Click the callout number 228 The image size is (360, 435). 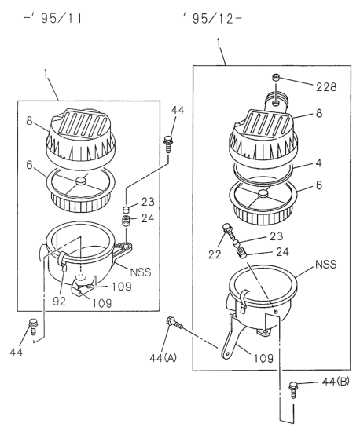[x=326, y=87]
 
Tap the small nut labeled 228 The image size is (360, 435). [x=276, y=77]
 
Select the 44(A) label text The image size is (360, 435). [x=163, y=358]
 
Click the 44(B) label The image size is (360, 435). [x=336, y=382]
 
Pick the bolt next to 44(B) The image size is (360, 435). [x=293, y=389]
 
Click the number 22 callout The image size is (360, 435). [x=215, y=254]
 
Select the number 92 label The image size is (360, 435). [x=60, y=301]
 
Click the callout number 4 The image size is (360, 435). [x=319, y=163]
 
